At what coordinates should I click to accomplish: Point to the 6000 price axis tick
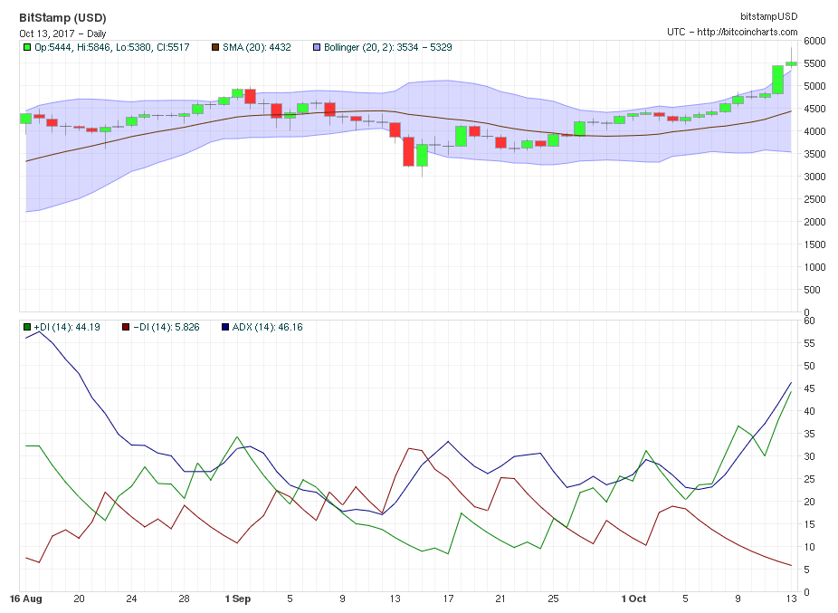(815, 41)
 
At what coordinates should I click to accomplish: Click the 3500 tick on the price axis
(815, 154)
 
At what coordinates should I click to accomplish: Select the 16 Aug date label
(26, 599)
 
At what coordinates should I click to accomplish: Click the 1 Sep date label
(238, 599)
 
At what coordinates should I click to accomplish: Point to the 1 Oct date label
(633, 599)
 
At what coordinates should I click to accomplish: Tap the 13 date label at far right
(791, 599)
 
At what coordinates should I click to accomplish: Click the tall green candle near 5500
(777, 80)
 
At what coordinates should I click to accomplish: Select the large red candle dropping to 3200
(409, 151)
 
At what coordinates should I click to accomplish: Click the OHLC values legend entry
(106, 47)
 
